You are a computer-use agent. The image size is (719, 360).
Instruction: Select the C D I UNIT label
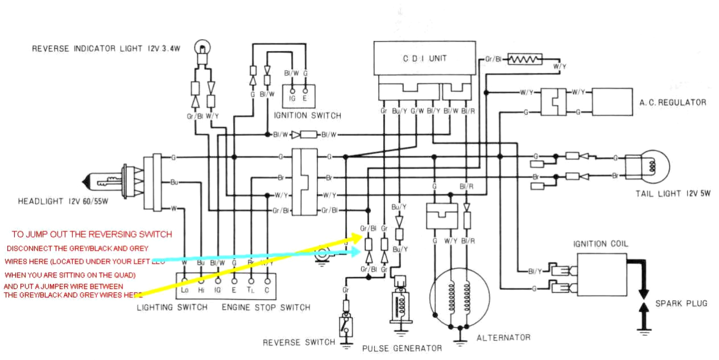pyautogui.click(x=424, y=59)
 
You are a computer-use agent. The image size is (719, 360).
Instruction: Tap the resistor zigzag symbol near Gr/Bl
pyautogui.click(x=525, y=59)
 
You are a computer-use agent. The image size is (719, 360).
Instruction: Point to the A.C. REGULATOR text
pyautogui.click(x=673, y=103)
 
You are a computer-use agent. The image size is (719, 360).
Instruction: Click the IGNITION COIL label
pyautogui.click(x=600, y=244)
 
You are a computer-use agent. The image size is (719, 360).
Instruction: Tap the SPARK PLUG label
pyautogui.click(x=681, y=304)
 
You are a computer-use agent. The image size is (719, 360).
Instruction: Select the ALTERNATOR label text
pyautogui.click(x=503, y=337)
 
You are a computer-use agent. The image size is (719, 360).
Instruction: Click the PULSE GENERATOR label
pyautogui.click(x=402, y=349)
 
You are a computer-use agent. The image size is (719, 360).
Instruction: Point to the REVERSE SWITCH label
pyautogui.click(x=299, y=342)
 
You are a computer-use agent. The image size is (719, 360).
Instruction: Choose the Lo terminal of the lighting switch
pyautogui.click(x=185, y=290)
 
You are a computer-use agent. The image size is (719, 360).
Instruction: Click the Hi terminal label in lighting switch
pyautogui.click(x=201, y=290)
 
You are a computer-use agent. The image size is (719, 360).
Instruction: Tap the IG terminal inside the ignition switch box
pyautogui.click(x=292, y=99)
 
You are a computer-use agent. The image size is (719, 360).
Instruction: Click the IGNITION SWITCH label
pyautogui.click(x=307, y=116)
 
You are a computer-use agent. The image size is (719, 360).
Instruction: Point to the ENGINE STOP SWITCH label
pyautogui.click(x=266, y=307)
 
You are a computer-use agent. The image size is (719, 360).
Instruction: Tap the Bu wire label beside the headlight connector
pyautogui.click(x=174, y=182)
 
